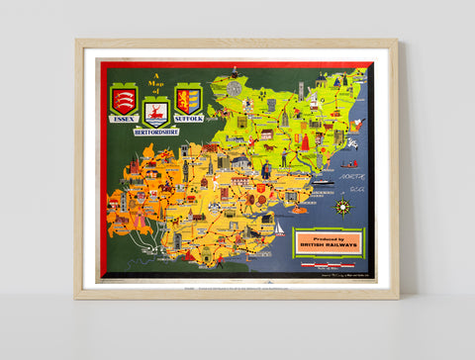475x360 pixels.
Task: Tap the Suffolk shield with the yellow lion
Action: click(188, 100)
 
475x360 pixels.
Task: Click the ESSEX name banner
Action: click(124, 119)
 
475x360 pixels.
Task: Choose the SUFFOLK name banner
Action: click(188, 119)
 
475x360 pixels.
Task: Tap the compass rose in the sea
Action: click(343, 206)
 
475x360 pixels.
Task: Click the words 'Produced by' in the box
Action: click(329, 238)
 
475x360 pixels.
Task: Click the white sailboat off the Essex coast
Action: click(279, 229)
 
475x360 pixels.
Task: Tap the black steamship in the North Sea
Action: click(325, 183)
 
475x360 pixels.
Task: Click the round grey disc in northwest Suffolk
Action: click(234, 88)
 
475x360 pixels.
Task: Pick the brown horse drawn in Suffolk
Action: click(268, 146)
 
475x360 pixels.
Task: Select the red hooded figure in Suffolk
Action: click(305, 142)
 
